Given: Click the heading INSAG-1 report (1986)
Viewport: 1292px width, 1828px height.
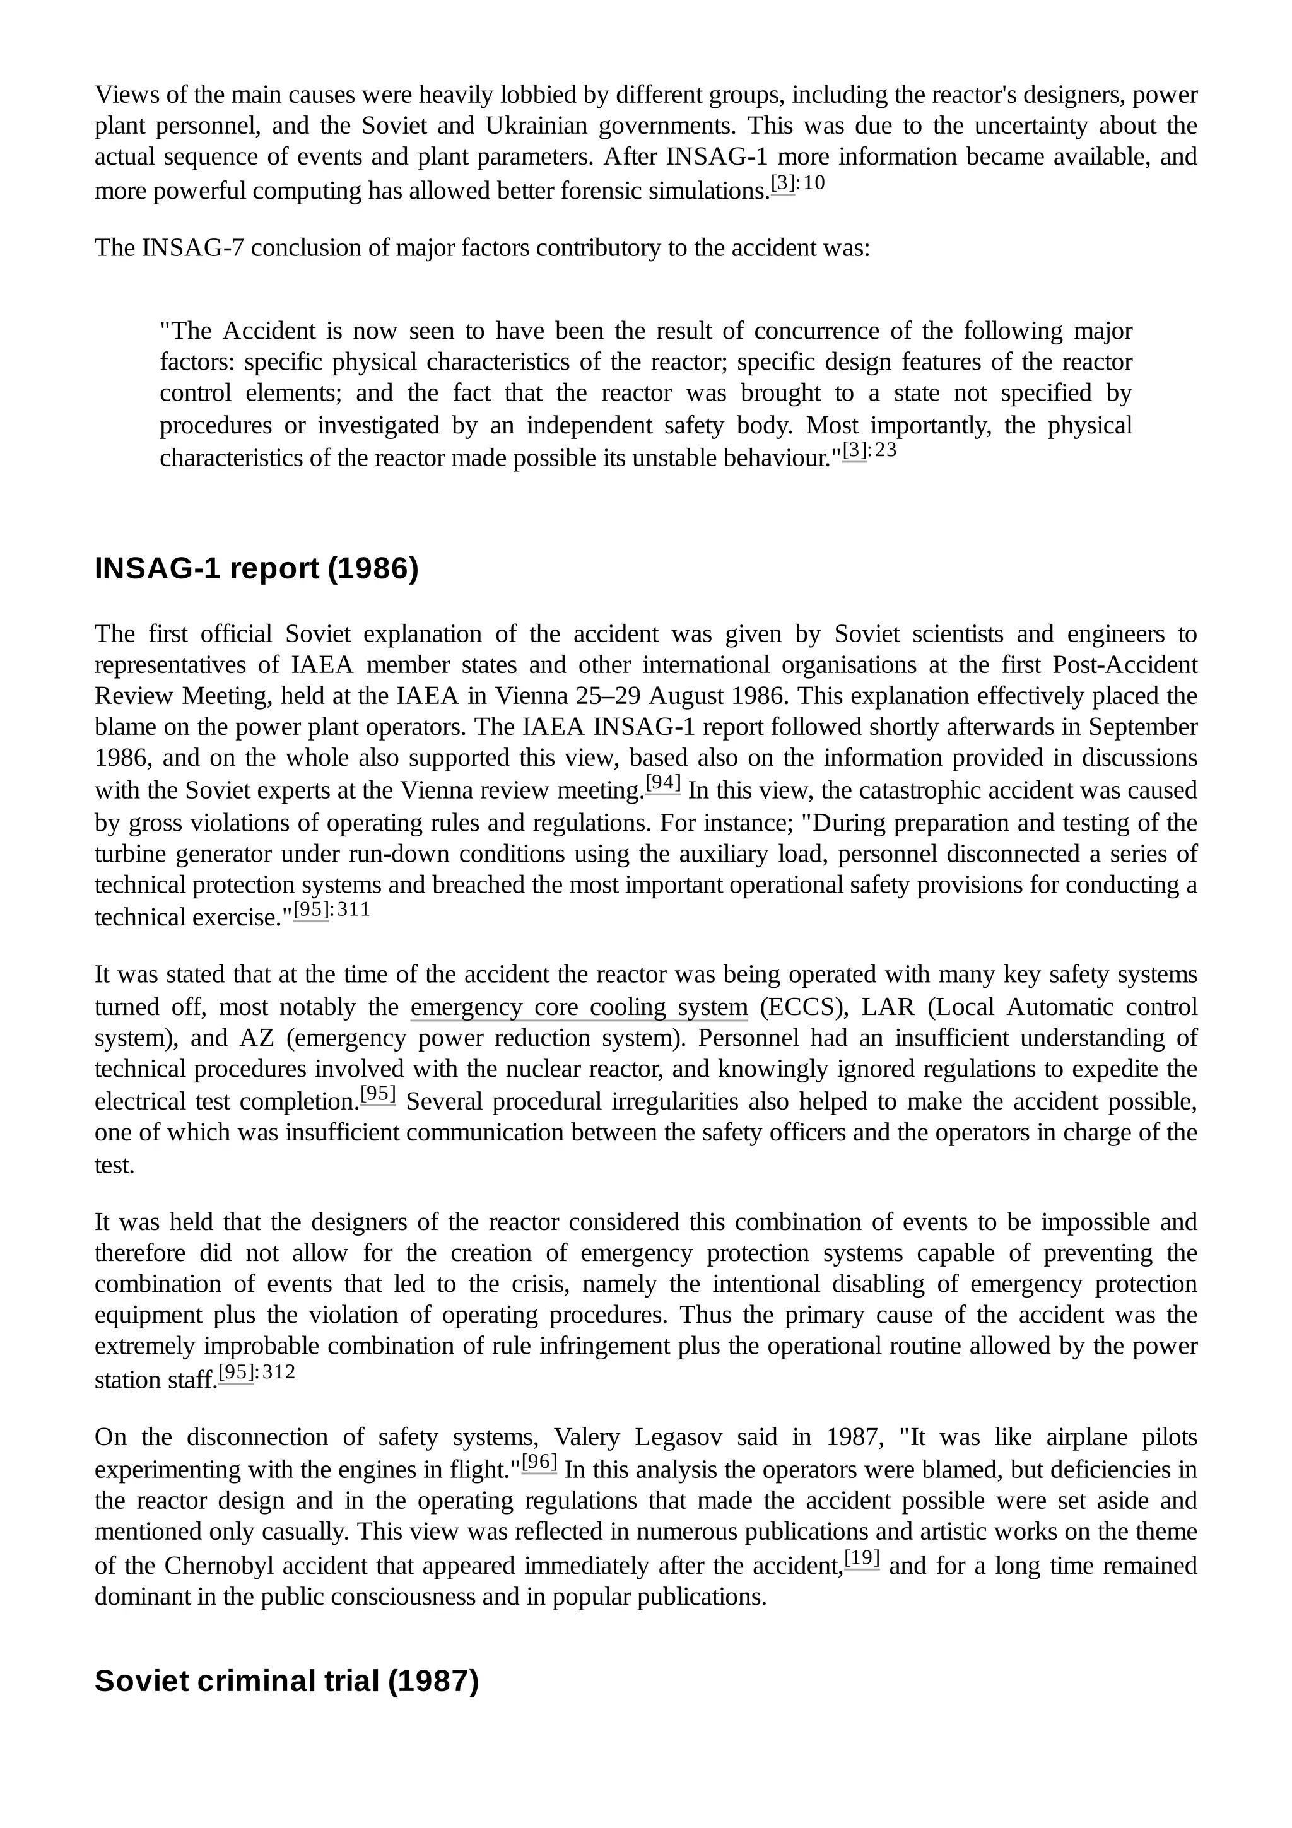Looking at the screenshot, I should pos(256,569).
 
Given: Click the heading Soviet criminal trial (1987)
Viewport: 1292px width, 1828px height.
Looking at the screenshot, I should pos(286,1680).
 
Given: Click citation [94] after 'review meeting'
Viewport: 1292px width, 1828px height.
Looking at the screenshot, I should pos(662,783).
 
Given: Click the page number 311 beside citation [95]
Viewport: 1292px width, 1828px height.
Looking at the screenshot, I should pos(353,909).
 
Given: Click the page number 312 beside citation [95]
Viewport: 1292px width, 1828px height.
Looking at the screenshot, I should pos(279,1372).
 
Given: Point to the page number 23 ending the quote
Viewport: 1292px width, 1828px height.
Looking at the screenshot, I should pos(885,450).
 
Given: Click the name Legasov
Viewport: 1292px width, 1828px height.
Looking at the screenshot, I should pos(678,1437).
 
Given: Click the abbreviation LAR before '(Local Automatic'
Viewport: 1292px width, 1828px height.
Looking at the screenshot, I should pos(888,1007).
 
